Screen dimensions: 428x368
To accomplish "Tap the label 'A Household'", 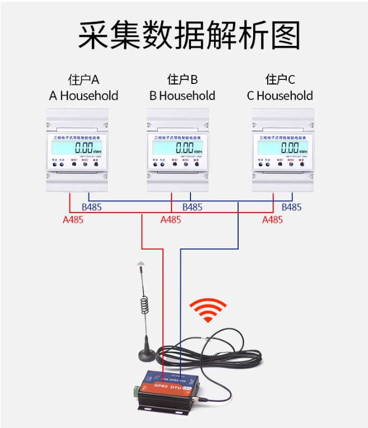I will (83, 96).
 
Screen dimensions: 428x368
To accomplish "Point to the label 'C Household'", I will (280, 96).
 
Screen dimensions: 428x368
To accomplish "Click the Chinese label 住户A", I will (83, 79).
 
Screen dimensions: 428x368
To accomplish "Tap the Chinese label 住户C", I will (280, 79).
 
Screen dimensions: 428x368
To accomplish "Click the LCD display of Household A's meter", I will (77, 148).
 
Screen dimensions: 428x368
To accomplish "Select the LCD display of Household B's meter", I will (178, 148).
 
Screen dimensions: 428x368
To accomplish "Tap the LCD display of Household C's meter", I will (283, 148).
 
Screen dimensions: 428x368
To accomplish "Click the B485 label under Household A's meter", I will (92, 208).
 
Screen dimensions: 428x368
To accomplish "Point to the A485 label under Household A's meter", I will (73, 220).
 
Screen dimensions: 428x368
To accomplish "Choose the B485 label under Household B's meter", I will (192, 208).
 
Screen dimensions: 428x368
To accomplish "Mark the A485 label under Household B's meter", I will (171, 220).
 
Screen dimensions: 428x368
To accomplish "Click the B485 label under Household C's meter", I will (291, 208).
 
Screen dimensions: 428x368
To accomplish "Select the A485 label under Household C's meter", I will (273, 220).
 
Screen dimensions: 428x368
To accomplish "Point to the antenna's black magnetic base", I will (146, 351).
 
